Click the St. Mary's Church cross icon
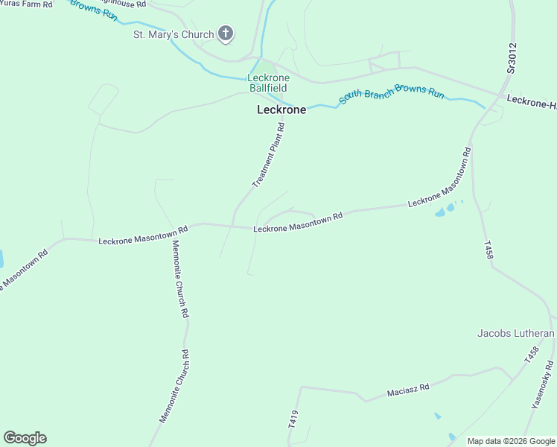coord(226,34)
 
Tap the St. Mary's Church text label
coord(173,34)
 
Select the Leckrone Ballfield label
coord(269,83)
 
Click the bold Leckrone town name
coord(281,110)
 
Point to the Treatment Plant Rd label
coord(269,156)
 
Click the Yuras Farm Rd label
coord(26,4)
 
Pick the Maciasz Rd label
coord(408,389)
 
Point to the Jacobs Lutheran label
coord(516,333)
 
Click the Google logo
coord(25,438)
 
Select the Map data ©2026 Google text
coord(511,441)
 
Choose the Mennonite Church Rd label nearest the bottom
coord(174,387)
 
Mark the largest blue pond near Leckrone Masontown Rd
coord(440,213)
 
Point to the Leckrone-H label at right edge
coord(531,101)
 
